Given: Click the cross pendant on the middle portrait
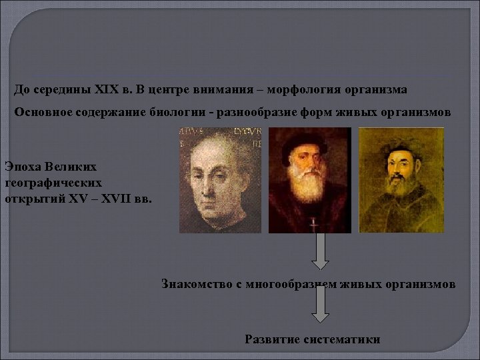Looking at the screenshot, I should tap(311, 225).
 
